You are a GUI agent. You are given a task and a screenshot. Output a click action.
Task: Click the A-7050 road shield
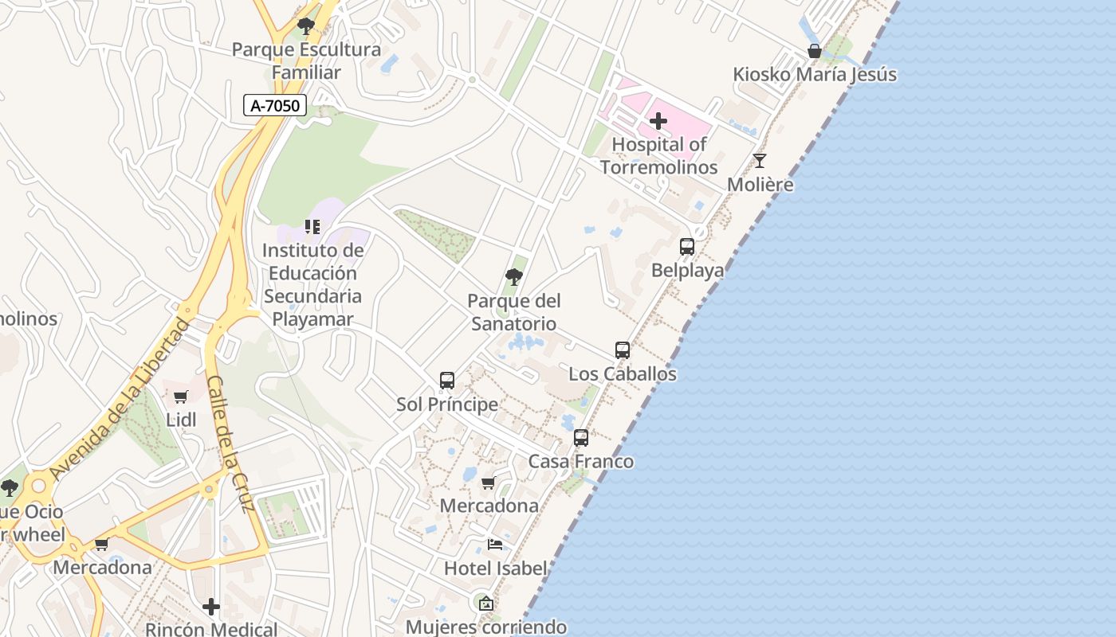(275, 105)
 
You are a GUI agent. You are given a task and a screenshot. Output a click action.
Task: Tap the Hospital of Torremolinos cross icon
(658, 121)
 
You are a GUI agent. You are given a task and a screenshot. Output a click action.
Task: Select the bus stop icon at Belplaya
(687, 247)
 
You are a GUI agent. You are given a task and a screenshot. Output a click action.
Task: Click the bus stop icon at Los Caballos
(623, 350)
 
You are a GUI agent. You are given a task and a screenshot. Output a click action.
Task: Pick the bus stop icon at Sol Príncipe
(447, 381)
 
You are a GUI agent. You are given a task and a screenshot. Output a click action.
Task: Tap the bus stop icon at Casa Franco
(581, 438)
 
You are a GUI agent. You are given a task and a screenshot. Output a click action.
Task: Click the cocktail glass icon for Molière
(760, 161)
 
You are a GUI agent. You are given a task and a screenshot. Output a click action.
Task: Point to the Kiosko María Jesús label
(815, 75)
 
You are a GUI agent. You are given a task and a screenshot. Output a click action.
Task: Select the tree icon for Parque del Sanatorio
(514, 277)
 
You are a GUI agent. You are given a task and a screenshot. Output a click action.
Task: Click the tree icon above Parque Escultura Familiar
(305, 26)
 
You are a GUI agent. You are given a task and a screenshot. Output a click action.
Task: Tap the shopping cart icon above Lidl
(181, 397)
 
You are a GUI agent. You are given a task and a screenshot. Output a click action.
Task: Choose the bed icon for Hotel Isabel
(495, 545)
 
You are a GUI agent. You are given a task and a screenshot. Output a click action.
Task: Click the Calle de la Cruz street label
(230, 443)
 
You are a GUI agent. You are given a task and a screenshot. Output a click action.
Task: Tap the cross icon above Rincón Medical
(211, 607)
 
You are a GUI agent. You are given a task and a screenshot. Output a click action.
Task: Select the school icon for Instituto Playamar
(312, 227)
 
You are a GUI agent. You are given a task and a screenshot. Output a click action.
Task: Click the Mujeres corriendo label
(486, 627)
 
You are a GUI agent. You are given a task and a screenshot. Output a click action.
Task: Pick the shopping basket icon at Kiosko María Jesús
(815, 52)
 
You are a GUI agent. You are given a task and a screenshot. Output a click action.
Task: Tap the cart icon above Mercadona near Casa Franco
(489, 483)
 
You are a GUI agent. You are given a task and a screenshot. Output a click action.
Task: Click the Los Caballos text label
(623, 373)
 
